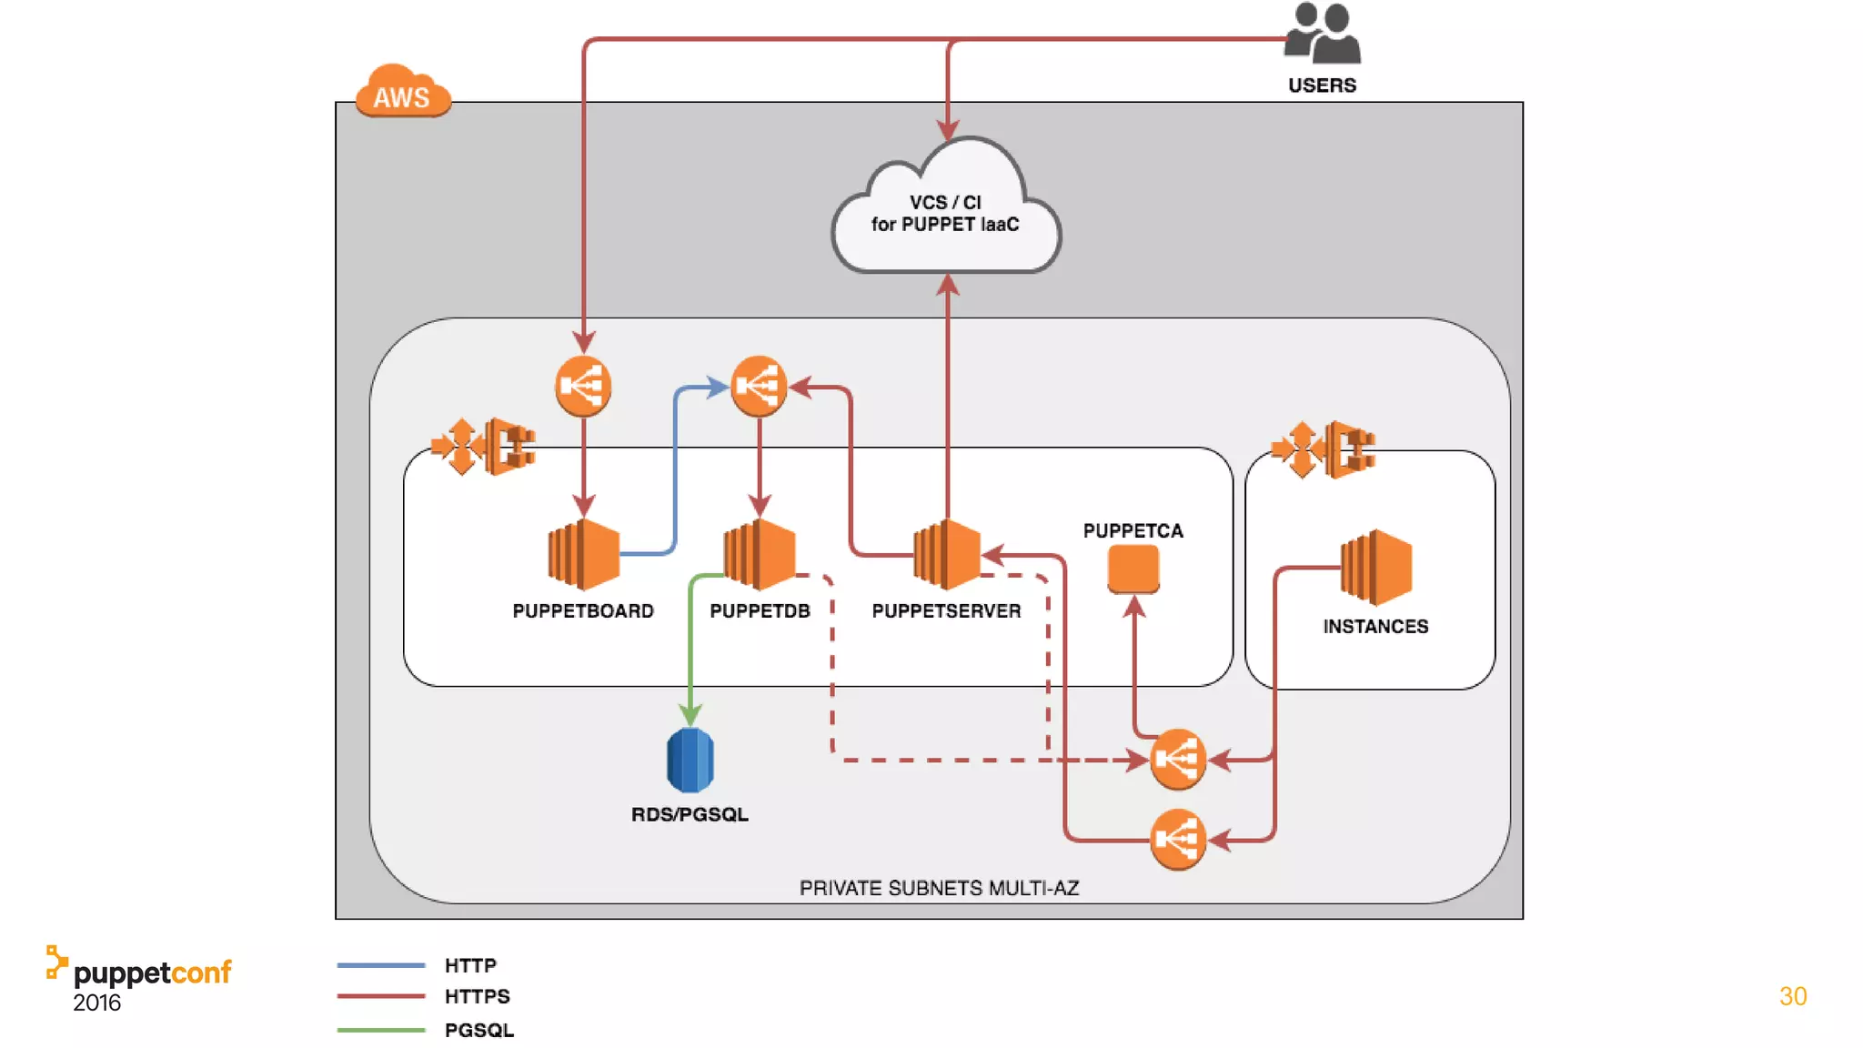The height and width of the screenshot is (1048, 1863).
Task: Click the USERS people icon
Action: coord(1323,35)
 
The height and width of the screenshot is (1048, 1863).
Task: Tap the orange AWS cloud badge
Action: coord(402,92)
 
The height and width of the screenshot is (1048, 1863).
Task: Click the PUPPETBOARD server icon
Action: coord(583,554)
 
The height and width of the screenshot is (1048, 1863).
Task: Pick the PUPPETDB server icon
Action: coord(760,554)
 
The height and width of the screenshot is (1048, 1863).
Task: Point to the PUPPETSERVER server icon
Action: coord(947,554)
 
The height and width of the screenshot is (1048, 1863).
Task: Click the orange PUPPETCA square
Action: coord(1133,569)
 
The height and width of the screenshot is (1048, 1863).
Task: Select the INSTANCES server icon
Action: coord(1376,568)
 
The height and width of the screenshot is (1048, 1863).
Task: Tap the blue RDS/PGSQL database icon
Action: coord(690,760)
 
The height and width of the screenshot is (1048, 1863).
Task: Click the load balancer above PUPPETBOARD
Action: coord(583,387)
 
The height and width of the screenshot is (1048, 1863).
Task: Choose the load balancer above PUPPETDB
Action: coord(759,387)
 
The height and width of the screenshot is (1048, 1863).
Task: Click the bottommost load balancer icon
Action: coord(1178,840)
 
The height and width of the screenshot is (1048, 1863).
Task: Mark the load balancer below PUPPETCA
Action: coord(1178,759)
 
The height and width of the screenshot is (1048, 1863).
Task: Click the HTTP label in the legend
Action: coord(470,965)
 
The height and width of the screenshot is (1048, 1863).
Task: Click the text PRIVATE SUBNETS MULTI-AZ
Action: coord(939,888)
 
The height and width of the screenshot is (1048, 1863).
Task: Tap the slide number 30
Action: coord(1792,996)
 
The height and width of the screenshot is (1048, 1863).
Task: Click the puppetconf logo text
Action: coord(152,973)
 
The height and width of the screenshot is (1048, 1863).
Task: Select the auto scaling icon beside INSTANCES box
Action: coord(1324,448)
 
